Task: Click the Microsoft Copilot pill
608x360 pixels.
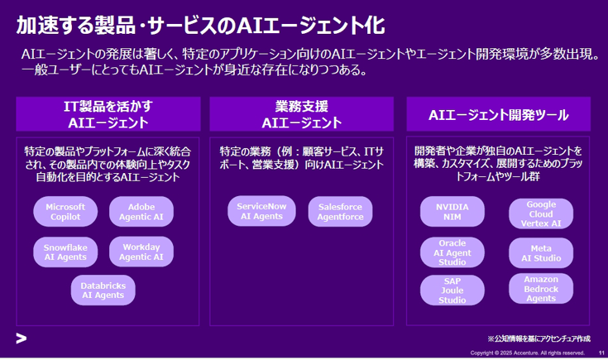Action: click(x=65, y=212)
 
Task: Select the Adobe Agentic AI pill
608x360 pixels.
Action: click(x=141, y=212)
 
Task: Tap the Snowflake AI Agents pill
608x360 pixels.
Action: click(x=65, y=252)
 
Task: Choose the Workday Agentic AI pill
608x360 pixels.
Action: click(x=141, y=252)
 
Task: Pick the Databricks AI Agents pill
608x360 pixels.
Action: click(x=103, y=290)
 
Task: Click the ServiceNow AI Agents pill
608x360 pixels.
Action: click(x=261, y=211)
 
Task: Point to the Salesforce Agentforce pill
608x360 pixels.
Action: click(x=341, y=212)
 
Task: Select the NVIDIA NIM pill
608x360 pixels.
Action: click(x=452, y=212)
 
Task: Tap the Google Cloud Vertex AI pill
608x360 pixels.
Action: click(x=541, y=214)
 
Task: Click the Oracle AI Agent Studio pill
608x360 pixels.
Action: click(x=452, y=252)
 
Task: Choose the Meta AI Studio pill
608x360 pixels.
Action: click(x=541, y=253)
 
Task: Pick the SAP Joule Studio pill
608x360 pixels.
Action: click(x=452, y=290)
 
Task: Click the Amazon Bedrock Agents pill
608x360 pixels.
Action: click(x=541, y=289)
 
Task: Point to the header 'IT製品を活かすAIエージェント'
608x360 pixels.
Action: click(x=108, y=114)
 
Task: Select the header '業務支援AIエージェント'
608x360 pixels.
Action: click(x=302, y=114)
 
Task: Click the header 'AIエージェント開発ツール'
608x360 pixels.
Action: click(x=499, y=114)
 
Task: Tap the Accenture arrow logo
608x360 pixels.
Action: click(x=22, y=338)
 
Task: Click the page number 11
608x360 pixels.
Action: click(x=601, y=353)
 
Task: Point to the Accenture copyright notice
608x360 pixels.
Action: click(x=528, y=353)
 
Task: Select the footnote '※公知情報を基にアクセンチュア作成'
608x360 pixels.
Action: click(x=539, y=338)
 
